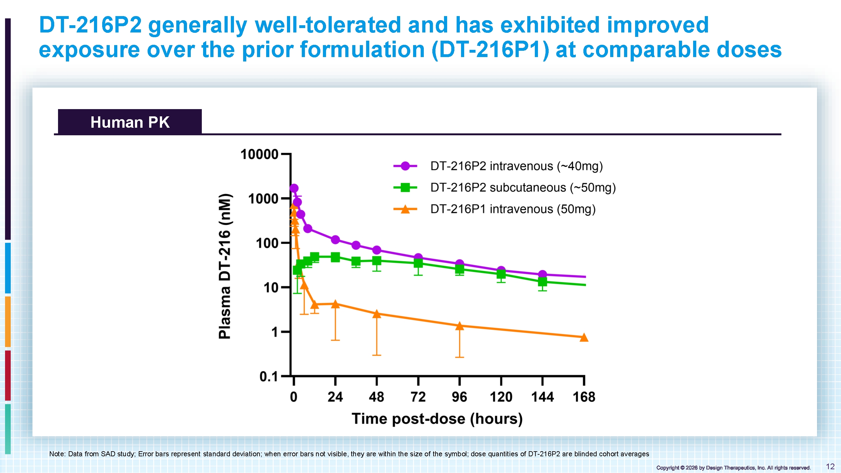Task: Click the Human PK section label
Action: click(x=130, y=122)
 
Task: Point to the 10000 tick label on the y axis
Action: click(x=259, y=155)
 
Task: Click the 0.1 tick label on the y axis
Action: click(x=269, y=377)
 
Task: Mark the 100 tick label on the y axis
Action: click(x=267, y=243)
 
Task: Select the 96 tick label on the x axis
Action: click(x=459, y=397)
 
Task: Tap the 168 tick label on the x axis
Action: click(x=584, y=397)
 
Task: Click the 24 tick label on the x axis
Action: click(x=335, y=397)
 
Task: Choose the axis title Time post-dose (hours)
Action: click(x=437, y=419)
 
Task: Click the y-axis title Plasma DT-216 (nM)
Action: click(x=225, y=266)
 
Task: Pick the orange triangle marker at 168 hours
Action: click(x=584, y=337)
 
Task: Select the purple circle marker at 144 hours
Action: click(x=542, y=275)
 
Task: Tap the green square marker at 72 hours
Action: click(x=418, y=263)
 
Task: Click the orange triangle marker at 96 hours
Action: click(x=459, y=326)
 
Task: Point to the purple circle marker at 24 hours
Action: click(x=335, y=240)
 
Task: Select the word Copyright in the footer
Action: click(x=668, y=468)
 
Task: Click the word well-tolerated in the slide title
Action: click(x=328, y=25)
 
